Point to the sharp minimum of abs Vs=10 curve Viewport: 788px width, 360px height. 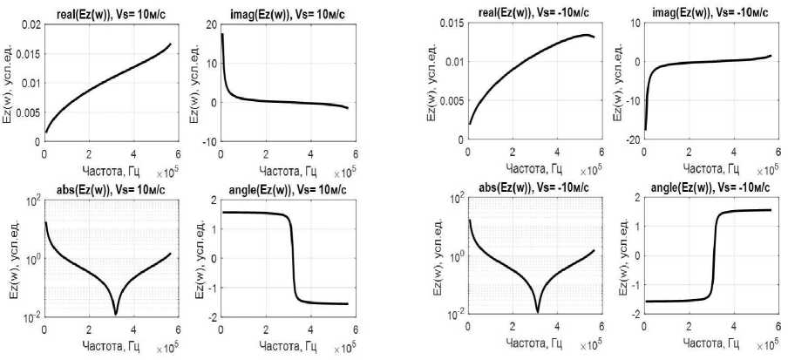pos(116,314)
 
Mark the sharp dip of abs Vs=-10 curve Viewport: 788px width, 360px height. pos(538,311)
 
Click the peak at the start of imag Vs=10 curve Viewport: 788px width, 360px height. pos(222,35)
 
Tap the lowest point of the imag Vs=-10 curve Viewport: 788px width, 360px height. pos(646,130)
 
